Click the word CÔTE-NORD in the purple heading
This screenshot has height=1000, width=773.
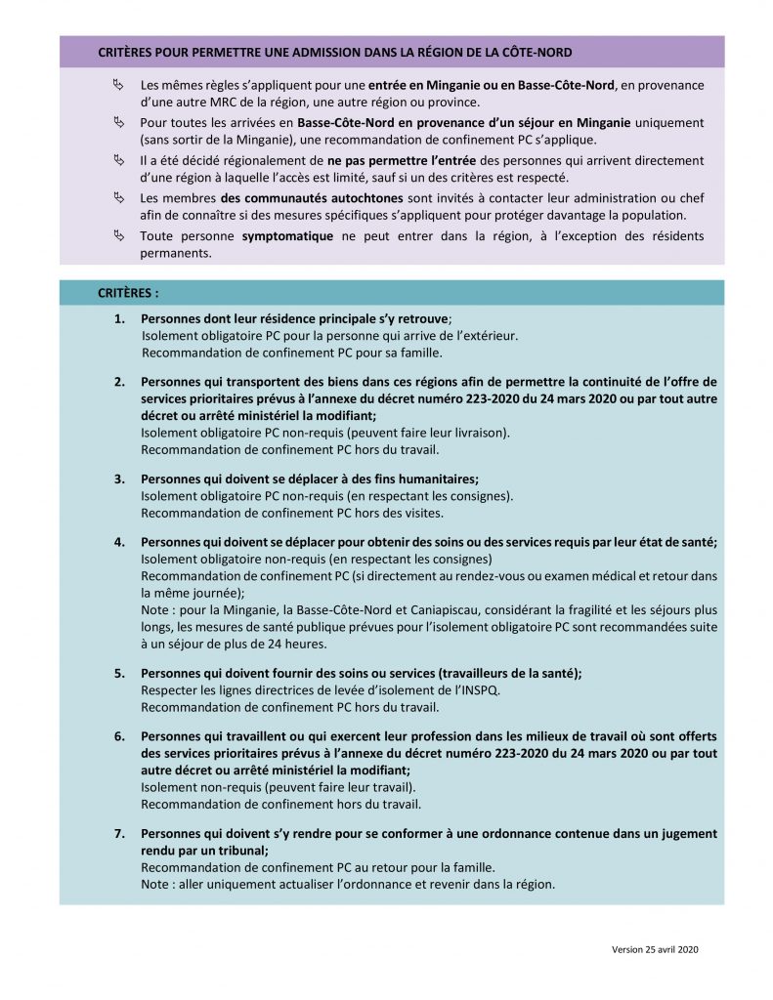pyautogui.click(x=536, y=51)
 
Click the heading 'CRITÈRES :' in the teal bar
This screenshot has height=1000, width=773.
pyautogui.click(x=129, y=292)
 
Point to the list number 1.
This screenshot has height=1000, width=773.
pyautogui.click(x=119, y=319)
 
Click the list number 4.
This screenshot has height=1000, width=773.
pyautogui.click(x=119, y=543)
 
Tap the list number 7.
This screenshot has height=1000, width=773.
pyautogui.click(x=119, y=836)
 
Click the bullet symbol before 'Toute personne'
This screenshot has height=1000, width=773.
pyautogui.click(x=119, y=237)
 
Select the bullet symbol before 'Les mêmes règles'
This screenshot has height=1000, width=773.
pyautogui.click(x=119, y=86)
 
